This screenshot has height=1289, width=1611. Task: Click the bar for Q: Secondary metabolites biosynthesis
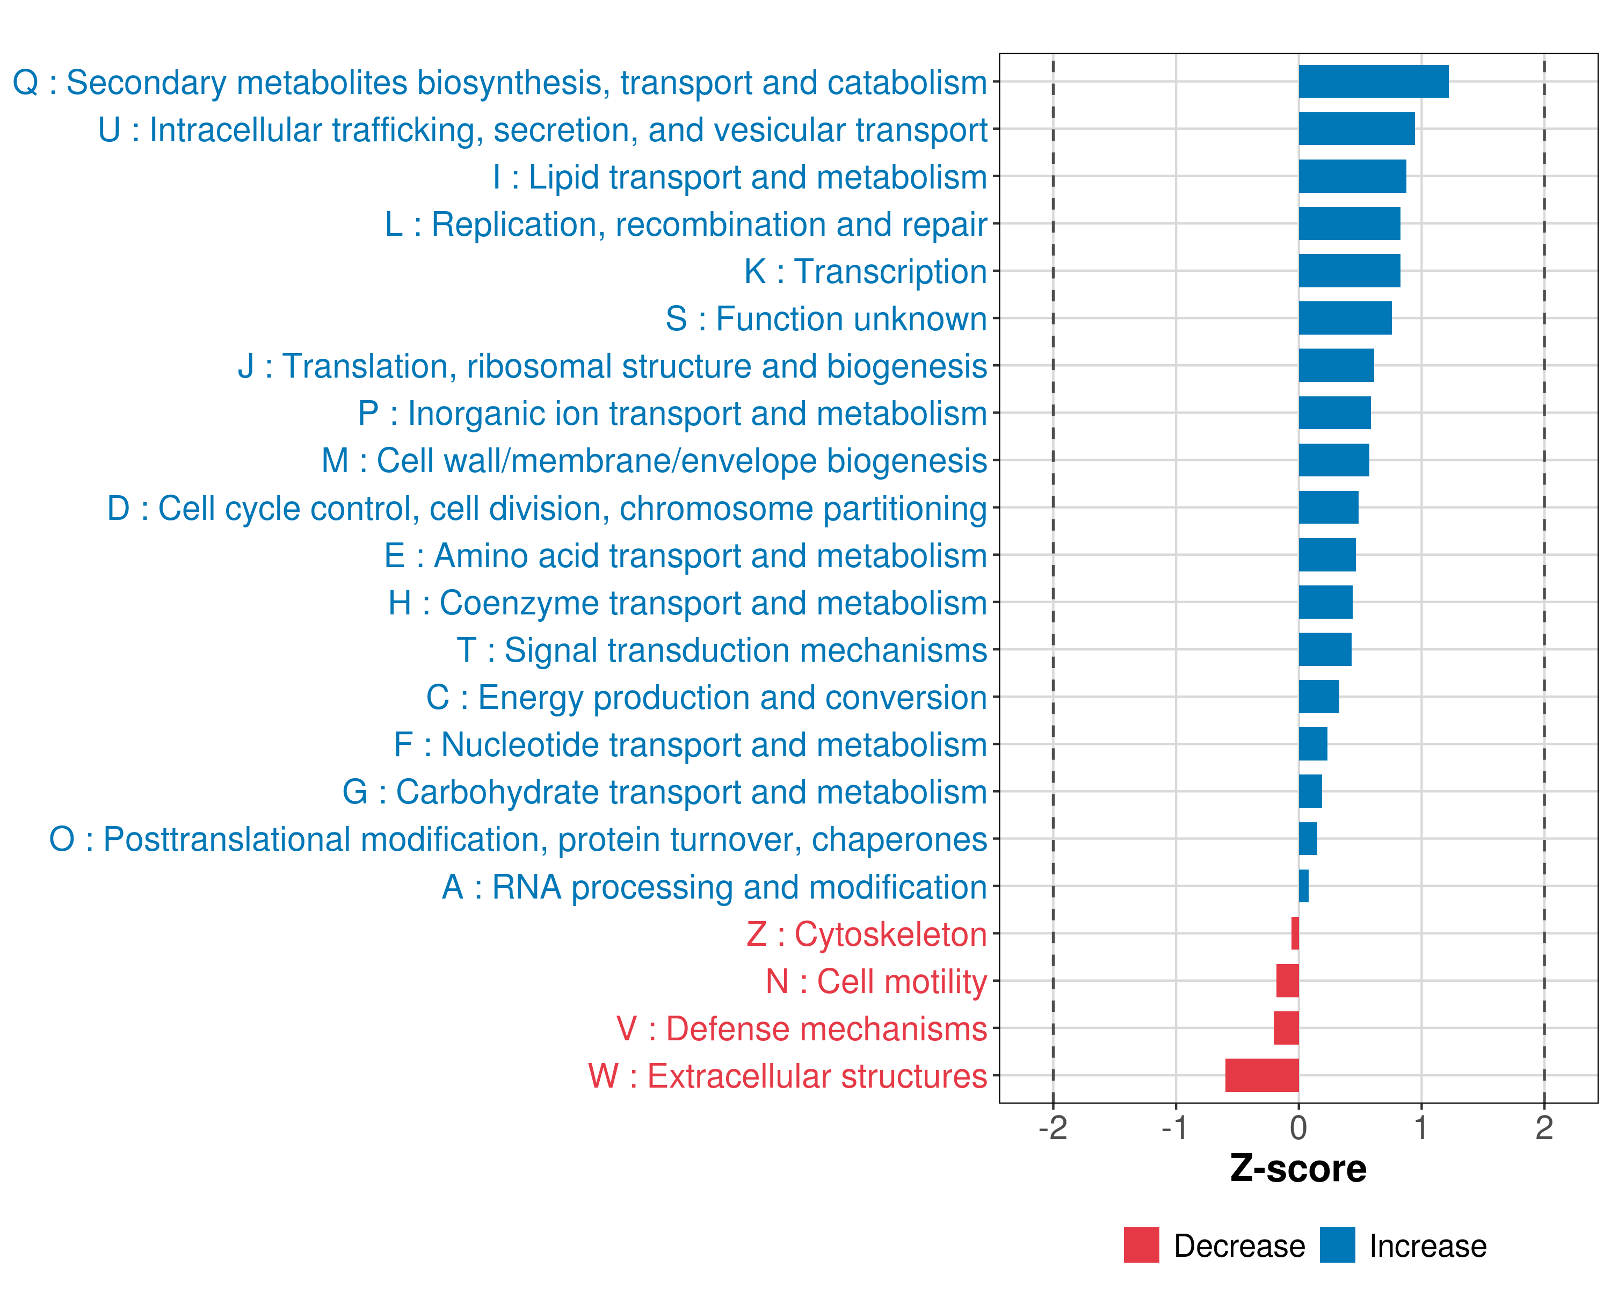click(x=1374, y=82)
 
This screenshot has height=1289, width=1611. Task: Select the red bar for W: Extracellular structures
click(x=1262, y=1075)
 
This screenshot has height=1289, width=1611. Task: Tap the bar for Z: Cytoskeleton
click(x=1295, y=933)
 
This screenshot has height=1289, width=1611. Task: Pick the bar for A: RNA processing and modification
click(x=1304, y=886)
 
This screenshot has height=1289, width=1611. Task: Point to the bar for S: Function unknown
click(x=1345, y=318)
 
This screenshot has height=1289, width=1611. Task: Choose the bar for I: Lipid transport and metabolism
click(x=1353, y=176)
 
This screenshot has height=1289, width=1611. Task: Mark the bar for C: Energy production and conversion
click(x=1319, y=697)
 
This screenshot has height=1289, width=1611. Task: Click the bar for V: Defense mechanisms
click(x=1286, y=1028)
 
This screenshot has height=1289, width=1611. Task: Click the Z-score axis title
click(x=1298, y=1169)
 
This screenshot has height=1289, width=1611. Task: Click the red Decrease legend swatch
click(x=1141, y=1245)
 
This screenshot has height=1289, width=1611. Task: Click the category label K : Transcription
click(x=865, y=272)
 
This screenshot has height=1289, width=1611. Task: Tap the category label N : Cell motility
click(x=876, y=982)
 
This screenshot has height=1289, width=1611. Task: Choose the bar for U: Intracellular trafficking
click(x=1357, y=128)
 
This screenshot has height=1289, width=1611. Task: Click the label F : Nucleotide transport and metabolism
click(x=691, y=745)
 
